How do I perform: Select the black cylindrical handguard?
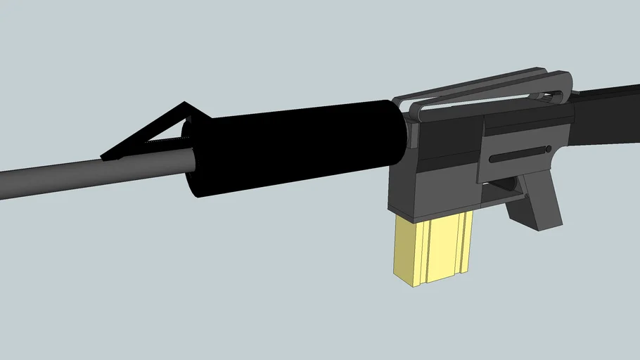(295, 148)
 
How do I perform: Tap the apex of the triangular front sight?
(185, 105)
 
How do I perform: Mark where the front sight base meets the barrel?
(113, 158)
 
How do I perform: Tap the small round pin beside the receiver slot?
(547, 150)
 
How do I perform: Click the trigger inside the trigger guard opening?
(503, 184)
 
